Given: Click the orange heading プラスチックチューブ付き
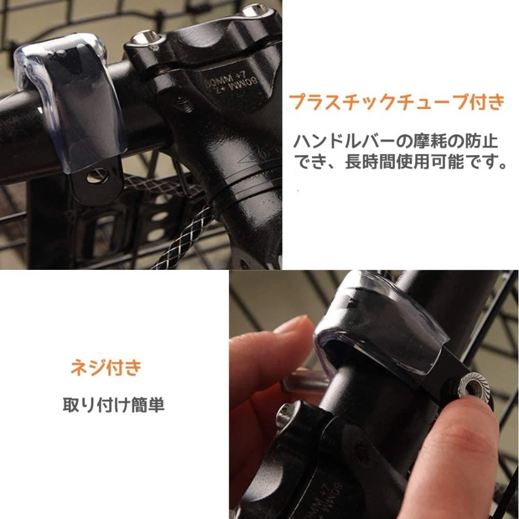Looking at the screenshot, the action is point(397,101).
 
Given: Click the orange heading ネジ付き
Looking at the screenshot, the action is point(106,368).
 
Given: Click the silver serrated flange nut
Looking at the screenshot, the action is point(473,386).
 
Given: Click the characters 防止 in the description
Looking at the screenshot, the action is point(481,141).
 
